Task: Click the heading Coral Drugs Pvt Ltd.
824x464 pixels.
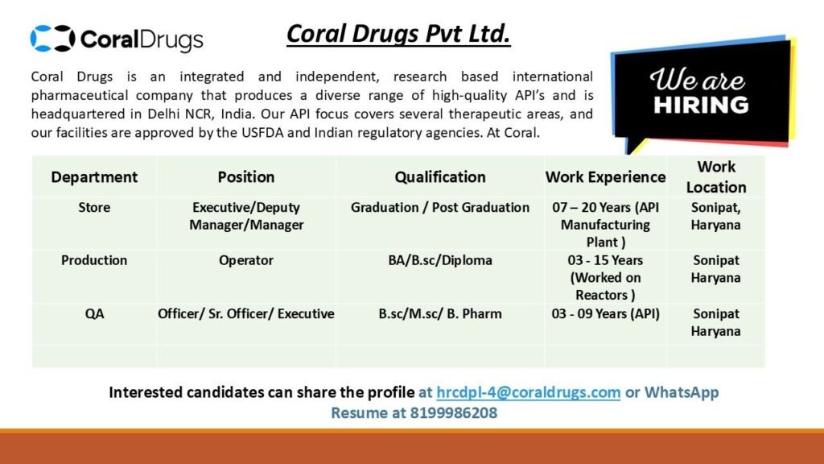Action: [398, 35]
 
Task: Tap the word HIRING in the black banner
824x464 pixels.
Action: [700, 105]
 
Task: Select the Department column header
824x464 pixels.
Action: [94, 176]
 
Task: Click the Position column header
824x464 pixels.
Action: [246, 176]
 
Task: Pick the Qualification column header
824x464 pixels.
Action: [440, 176]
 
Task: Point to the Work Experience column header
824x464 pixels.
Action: [605, 176]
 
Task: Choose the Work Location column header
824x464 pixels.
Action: [716, 176]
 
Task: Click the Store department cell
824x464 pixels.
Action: [94, 208]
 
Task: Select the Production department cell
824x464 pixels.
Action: [94, 260]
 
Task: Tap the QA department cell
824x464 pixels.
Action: [94, 313]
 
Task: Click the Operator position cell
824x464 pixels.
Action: [246, 260]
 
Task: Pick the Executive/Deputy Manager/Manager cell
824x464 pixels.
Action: [246, 216]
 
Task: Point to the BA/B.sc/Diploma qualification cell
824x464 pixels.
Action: [440, 260]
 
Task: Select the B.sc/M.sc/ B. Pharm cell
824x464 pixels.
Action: [440, 313]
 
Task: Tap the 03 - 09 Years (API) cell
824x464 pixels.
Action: [605, 313]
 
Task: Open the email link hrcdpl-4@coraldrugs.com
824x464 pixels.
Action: [528, 392]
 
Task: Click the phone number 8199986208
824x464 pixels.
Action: [454, 413]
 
